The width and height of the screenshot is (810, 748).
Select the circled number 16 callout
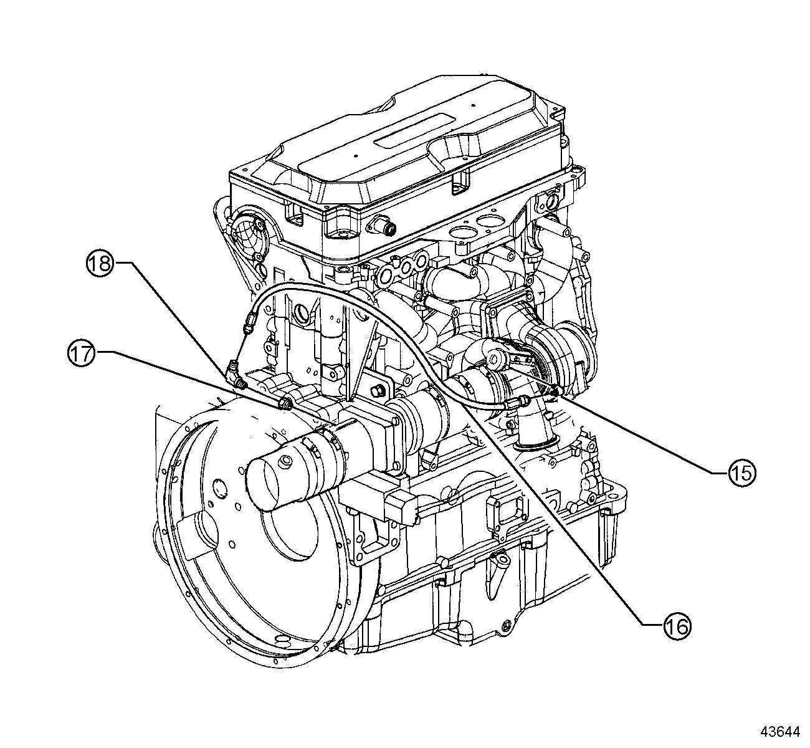(675, 626)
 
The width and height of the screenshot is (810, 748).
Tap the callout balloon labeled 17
(81, 354)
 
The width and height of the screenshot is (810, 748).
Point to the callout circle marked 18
(99, 263)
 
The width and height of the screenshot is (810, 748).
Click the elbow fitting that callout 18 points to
(232, 374)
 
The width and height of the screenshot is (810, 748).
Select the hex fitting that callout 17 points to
(286, 403)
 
